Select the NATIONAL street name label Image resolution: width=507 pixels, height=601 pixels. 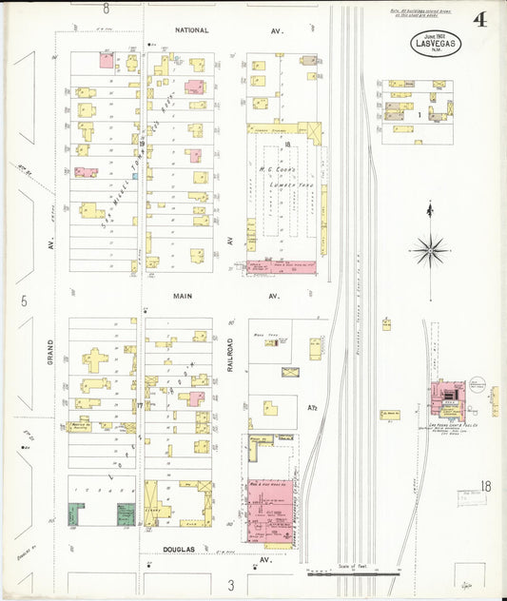point(190,31)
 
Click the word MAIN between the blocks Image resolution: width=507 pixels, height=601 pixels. point(183,296)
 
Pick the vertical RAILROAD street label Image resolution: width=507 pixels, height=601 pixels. point(230,353)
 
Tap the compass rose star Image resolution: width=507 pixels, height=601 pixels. point(430,251)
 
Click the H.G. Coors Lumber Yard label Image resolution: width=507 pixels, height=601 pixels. point(283,177)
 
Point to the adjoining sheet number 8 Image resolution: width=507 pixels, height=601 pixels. point(107,8)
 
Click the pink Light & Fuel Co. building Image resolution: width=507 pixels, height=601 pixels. point(445,393)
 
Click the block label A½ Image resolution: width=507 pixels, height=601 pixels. point(312,408)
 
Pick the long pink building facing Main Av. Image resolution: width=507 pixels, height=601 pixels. point(282,267)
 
